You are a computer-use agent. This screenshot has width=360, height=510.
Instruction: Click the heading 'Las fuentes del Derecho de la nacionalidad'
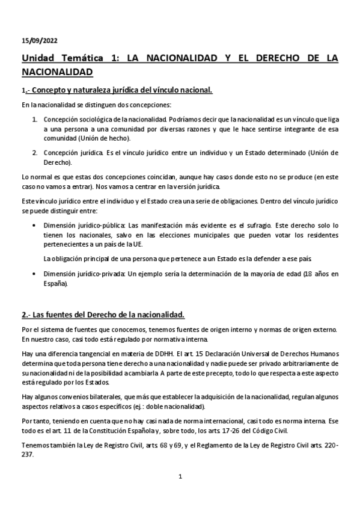tap(107, 315)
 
